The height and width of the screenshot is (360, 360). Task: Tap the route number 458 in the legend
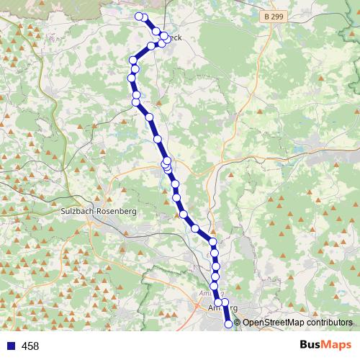tap(31, 346)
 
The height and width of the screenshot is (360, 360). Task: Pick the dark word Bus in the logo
tap(311, 346)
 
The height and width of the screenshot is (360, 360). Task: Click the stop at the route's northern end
tap(139, 16)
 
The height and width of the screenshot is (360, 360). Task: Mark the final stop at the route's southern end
tap(229, 324)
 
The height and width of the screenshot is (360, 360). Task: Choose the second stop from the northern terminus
tap(145, 17)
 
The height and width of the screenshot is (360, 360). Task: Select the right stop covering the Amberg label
tap(225, 302)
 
